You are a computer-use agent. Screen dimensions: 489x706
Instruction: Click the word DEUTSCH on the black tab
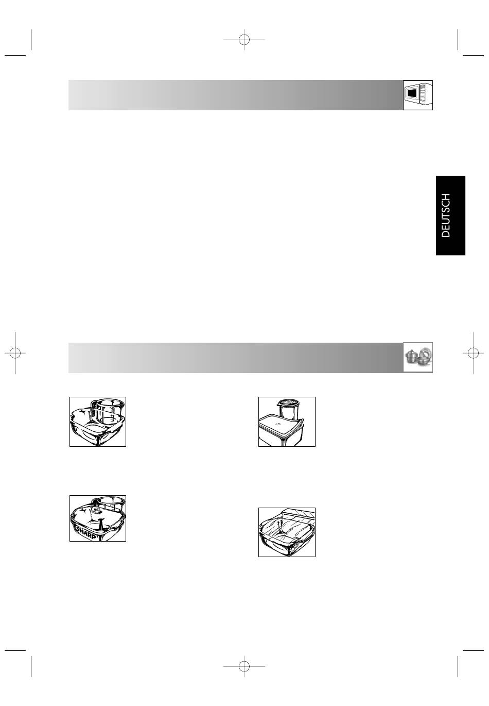point(446,215)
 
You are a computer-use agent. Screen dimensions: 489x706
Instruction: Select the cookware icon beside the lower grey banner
point(417,357)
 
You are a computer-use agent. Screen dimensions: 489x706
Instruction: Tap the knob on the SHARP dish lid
point(96,512)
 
